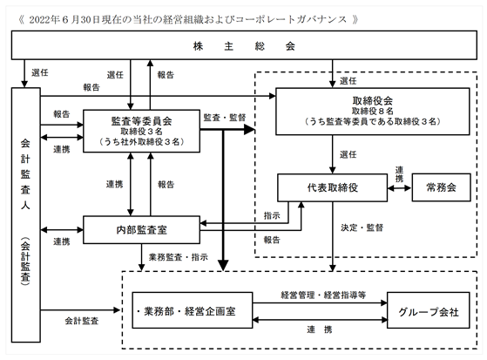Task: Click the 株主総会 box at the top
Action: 244,45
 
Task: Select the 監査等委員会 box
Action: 141,131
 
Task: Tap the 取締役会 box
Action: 372,112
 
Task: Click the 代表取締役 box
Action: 332,187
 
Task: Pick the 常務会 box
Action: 441,187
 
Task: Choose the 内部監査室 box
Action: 141,230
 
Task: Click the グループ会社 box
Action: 428,310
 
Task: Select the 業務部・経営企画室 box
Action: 193,310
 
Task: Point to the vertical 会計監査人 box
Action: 26,214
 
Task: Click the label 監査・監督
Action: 225,118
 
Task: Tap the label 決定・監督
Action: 362,228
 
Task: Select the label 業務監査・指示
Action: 179,257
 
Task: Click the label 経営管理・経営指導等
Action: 323,295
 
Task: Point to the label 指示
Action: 272,215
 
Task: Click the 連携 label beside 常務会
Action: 399,174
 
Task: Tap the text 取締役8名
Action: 372,111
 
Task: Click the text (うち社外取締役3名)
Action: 142,142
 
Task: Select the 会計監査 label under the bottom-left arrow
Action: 82,321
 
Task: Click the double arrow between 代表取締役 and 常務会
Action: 399,187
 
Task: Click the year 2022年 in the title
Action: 44,19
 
